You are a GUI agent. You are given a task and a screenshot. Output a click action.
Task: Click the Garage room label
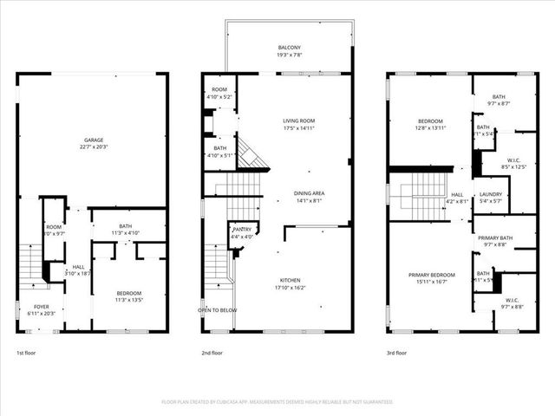click(x=93, y=140)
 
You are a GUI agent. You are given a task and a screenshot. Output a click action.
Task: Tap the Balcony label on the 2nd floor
click(x=289, y=48)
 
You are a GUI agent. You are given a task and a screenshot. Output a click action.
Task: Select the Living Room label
click(x=297, y=120)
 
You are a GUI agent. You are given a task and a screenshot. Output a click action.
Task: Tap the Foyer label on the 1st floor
click(x=42, y=306)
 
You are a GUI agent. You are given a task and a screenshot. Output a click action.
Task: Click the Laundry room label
click(x=491, y=194)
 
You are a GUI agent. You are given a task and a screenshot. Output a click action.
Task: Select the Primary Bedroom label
click(x=431, y=274)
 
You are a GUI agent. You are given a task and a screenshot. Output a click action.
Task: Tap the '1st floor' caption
click(x=27, y=353)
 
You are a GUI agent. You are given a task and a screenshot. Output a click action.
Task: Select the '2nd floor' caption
click(x=212, y=353)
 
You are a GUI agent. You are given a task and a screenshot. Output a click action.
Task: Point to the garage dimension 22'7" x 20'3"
click(x=93, y=146)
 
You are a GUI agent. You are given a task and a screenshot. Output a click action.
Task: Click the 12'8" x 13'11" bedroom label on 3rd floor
click(x=430, y=124)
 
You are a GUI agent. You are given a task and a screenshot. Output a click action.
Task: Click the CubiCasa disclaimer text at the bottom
click(x=277, y=402)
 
